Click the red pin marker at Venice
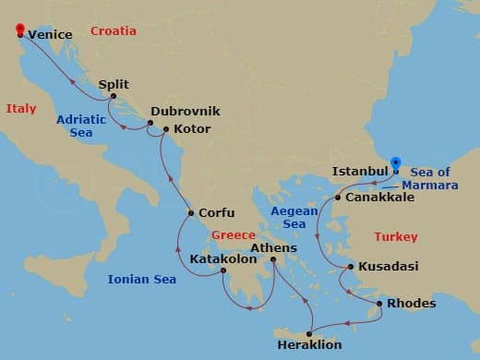(x=20, y=30)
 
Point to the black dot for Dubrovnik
(x=148, y=121)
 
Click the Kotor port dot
(x=165, y=130)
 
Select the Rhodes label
(x=411, y=303)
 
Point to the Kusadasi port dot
(x=349, y=267)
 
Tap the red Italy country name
(x=21, y=108)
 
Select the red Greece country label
(x=234, y=235)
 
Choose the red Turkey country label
(x=395, y=237)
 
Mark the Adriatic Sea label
(x=81, y=126)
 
